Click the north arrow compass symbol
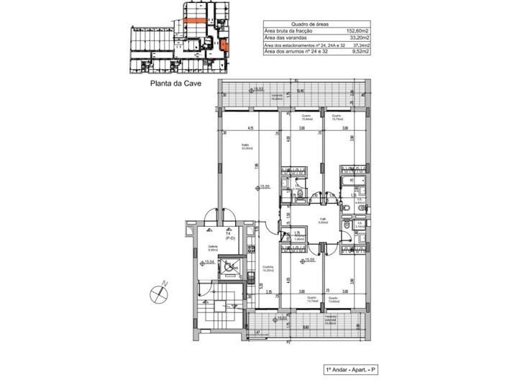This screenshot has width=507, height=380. tap(158, 291)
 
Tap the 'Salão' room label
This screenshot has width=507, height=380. tap(245, 146)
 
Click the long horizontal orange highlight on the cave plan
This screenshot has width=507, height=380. tap(195, 22)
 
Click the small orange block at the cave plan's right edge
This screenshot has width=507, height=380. tap(226, 46)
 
